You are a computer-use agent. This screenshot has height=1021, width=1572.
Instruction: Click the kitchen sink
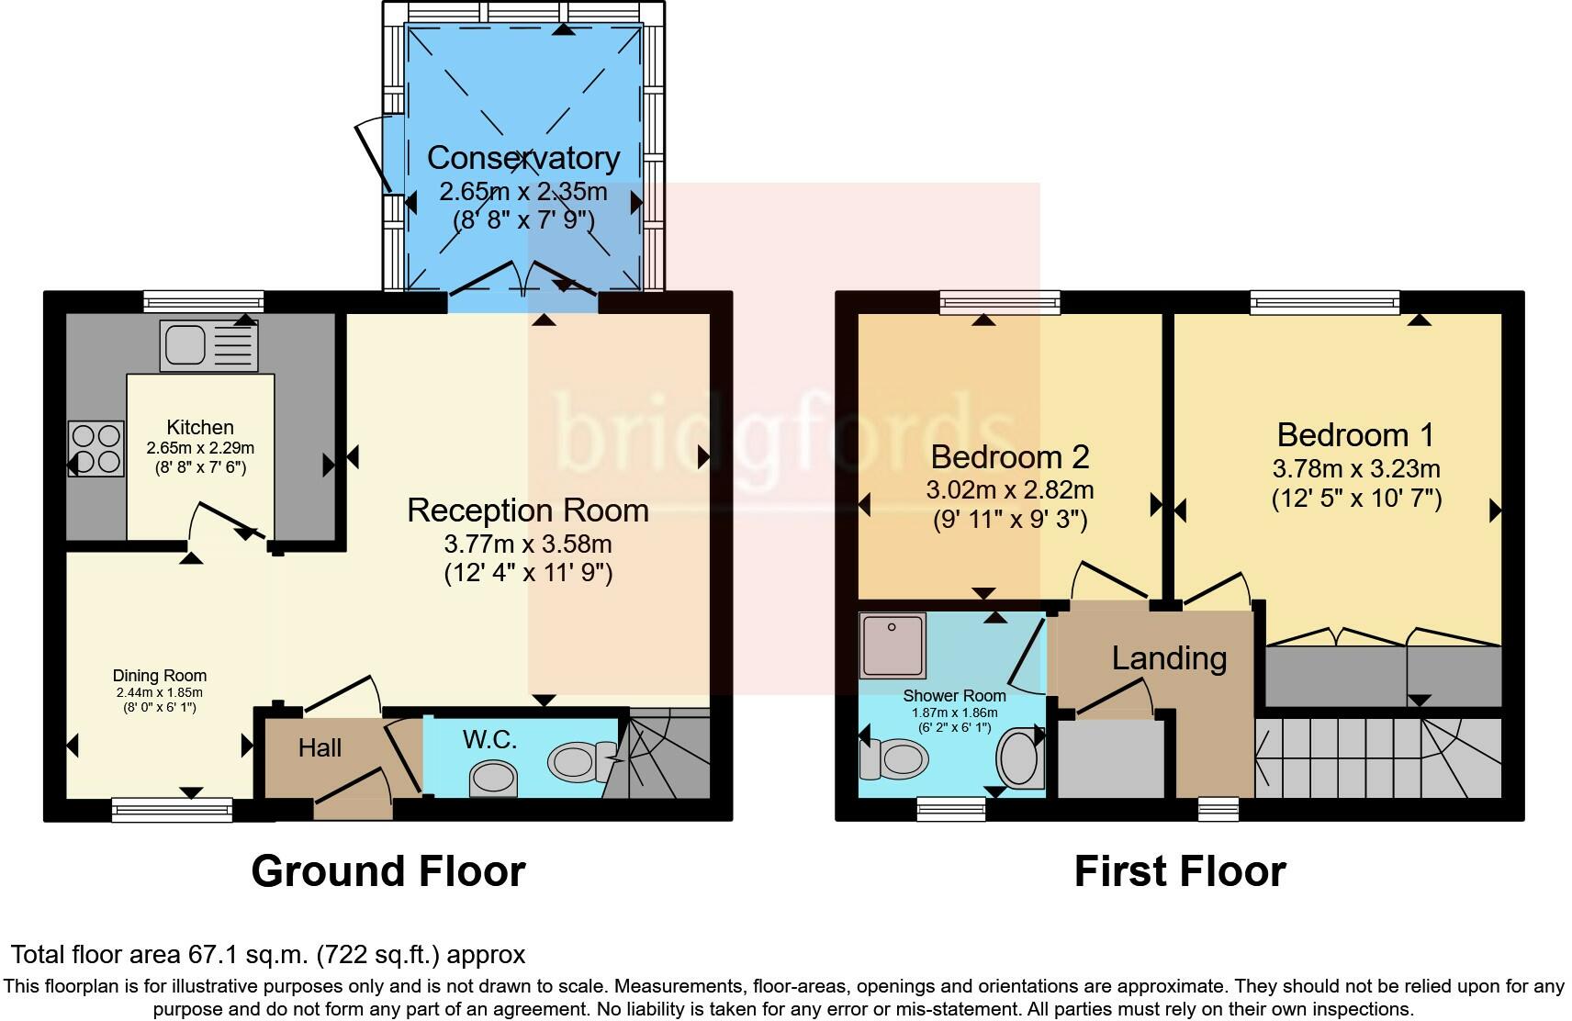208,345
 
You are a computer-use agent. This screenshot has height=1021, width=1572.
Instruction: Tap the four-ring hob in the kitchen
96,448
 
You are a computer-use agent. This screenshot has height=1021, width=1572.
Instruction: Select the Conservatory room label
522,158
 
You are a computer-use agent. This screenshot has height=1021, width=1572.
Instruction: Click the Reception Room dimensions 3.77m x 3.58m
528,544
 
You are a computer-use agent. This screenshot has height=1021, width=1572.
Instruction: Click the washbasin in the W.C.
493,780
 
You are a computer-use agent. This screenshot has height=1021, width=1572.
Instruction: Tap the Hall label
320,747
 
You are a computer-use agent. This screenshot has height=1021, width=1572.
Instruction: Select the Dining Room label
160,676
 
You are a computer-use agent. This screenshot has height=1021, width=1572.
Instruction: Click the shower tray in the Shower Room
893,645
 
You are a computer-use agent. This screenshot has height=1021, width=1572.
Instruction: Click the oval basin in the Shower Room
1019,758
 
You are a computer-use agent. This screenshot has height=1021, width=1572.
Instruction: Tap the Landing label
1169,657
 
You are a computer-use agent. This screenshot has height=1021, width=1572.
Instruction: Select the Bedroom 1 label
1354,434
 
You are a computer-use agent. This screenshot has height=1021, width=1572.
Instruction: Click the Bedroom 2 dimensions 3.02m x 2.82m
1009,489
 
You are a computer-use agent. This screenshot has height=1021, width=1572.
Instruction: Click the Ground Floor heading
387,870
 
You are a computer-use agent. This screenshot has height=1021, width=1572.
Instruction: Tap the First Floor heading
1179,870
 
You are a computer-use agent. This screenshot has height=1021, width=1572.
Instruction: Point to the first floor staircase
1377,757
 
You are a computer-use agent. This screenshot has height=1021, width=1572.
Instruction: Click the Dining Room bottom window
172,809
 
